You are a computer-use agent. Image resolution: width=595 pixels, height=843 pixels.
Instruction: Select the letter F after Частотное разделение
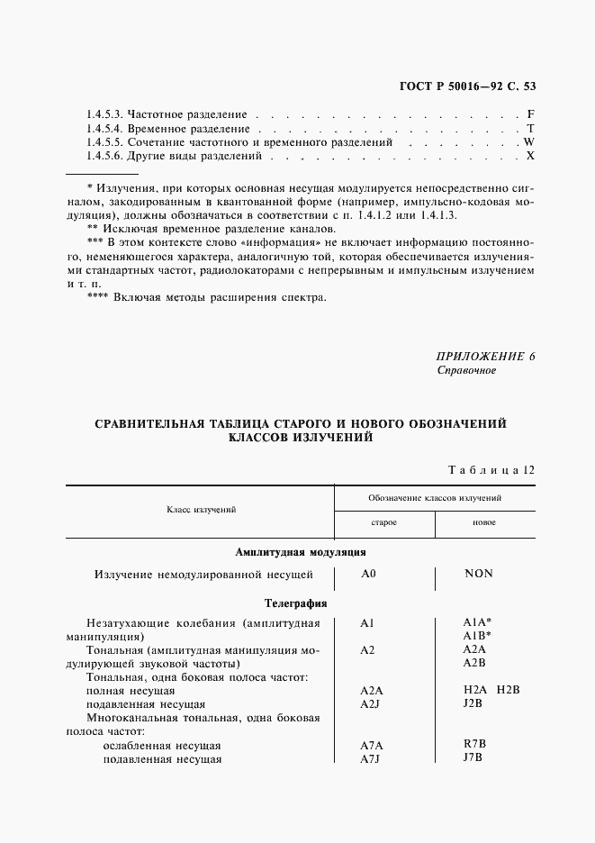(x=531, y=115)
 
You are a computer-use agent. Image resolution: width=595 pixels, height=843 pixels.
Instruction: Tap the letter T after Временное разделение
(x=531, y=129)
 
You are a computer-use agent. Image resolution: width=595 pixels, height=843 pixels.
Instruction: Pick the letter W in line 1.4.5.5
(x=529, y=142)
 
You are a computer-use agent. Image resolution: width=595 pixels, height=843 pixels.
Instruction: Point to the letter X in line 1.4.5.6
(x=531, y=156)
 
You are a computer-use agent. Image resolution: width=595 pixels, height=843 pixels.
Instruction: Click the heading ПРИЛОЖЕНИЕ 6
(x=485, y=356)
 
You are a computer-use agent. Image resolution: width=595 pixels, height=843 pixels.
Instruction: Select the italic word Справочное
(x=466, y=370)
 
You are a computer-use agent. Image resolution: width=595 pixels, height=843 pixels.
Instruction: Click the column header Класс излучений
(x=201, y=510)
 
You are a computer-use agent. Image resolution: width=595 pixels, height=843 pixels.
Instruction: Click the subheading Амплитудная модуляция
(x=299, y=552)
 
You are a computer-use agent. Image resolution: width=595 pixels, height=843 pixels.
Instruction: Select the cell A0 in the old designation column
(x=368, y=574)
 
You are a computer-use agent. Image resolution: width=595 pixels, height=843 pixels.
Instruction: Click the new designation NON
(x=478, y=574)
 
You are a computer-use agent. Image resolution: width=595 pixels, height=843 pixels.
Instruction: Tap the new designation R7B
(x=473, y=745)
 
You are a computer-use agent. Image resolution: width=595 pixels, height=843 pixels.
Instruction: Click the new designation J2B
(x=473, y=702)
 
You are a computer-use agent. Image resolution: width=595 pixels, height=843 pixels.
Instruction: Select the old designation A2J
(x=371, y=703)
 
